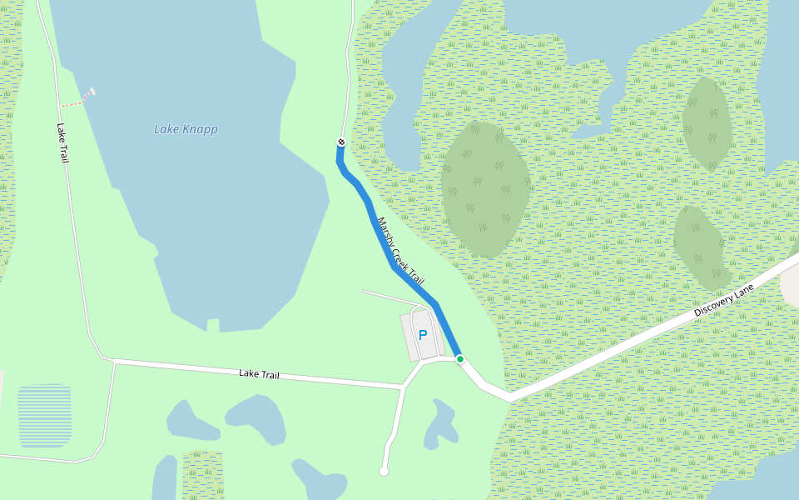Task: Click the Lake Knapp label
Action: tap(186, 129)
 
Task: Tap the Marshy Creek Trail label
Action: tap(400, 251)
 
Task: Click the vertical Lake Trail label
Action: tap(62, 142)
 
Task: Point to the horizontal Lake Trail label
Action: tap(258, 374)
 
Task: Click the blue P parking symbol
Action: tap(423, 335)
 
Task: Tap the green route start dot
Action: tap(459, 358)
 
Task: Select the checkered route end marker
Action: tap(341, 142)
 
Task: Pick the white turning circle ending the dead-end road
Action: tap(384, 472)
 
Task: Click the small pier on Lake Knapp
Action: tap(88, 92)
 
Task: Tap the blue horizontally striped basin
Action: tap(44, 415)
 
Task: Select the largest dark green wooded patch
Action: tap(484, 190)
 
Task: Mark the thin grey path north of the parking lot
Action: tap(391, 297)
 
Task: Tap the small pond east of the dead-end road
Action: tap(441, 423)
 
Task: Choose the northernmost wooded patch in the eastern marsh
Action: tap(707, 123)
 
